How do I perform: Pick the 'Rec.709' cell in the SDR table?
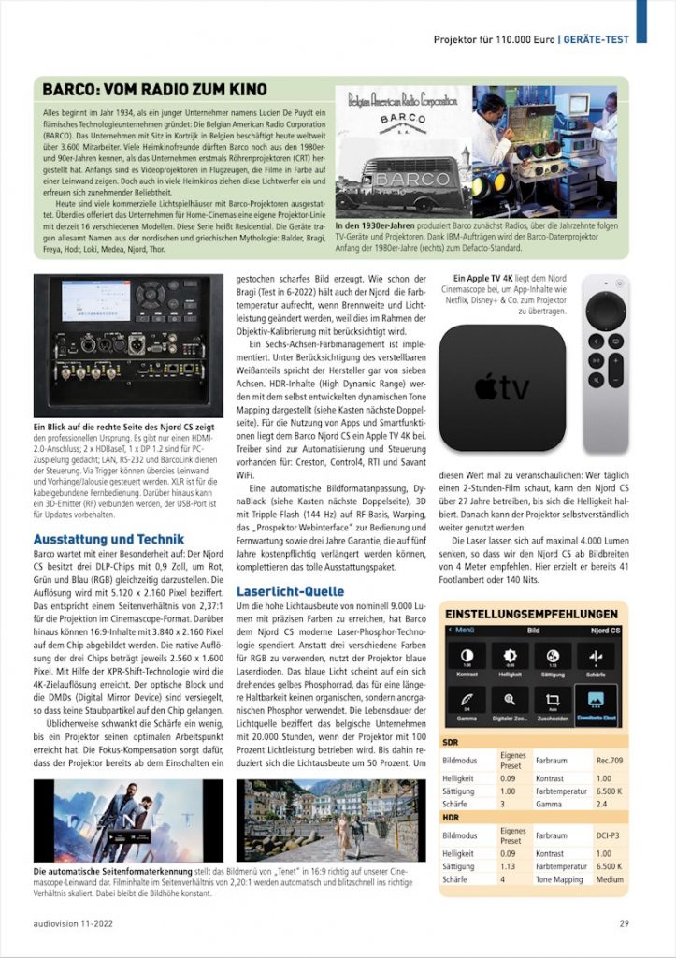click(610, 760)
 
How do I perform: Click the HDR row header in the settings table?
click(450, 816)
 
